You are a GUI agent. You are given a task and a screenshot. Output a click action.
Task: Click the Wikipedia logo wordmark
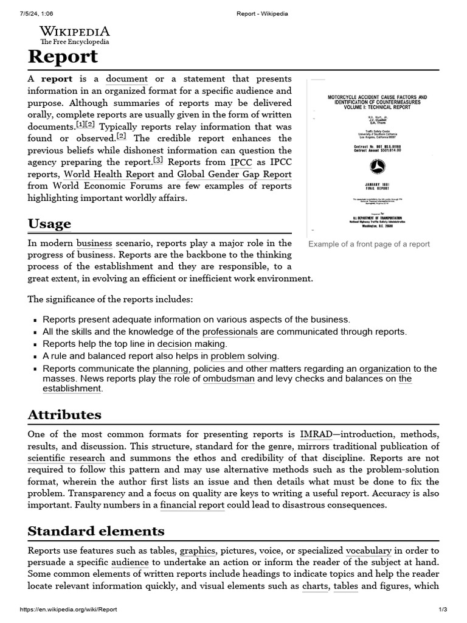point(75,32)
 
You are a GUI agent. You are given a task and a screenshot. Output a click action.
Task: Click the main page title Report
point(63,57)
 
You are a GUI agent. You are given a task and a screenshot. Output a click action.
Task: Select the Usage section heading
point(49,223)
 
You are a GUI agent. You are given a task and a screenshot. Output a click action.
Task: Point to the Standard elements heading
point(96,531)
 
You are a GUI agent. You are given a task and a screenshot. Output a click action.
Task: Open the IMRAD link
point(316,434)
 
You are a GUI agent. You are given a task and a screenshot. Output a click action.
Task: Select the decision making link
point(192,344)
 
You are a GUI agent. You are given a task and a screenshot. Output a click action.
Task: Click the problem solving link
point(244,356)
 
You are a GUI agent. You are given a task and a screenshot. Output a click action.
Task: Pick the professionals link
point(230,332)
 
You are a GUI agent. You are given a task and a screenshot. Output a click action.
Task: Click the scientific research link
point(66,458)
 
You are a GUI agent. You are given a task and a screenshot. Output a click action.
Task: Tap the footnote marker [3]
point(157,161)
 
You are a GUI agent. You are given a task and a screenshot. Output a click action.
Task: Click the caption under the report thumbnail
point(368,244)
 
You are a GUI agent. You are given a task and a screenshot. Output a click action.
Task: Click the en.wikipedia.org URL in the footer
point(68,610)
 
